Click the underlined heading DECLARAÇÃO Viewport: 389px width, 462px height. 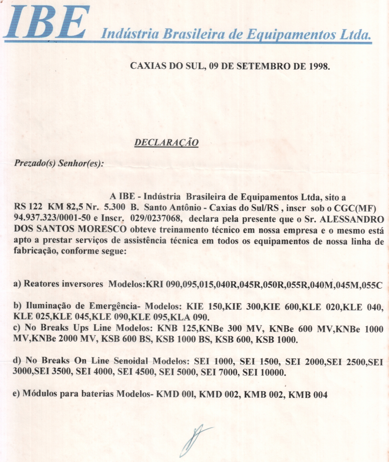coord(166,143)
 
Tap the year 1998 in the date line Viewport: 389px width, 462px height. coord(319,67)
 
